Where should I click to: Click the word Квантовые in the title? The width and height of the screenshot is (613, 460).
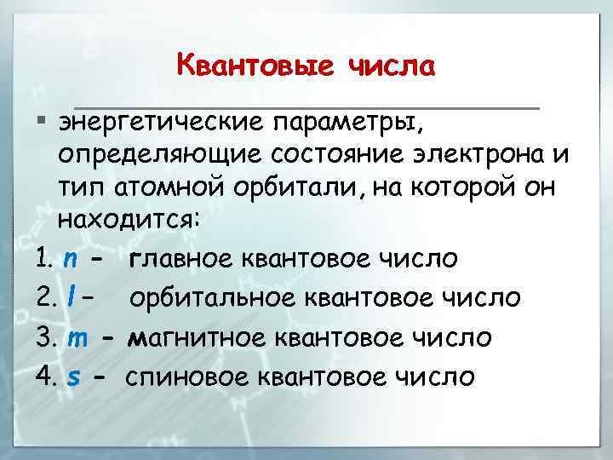coord(255,66)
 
